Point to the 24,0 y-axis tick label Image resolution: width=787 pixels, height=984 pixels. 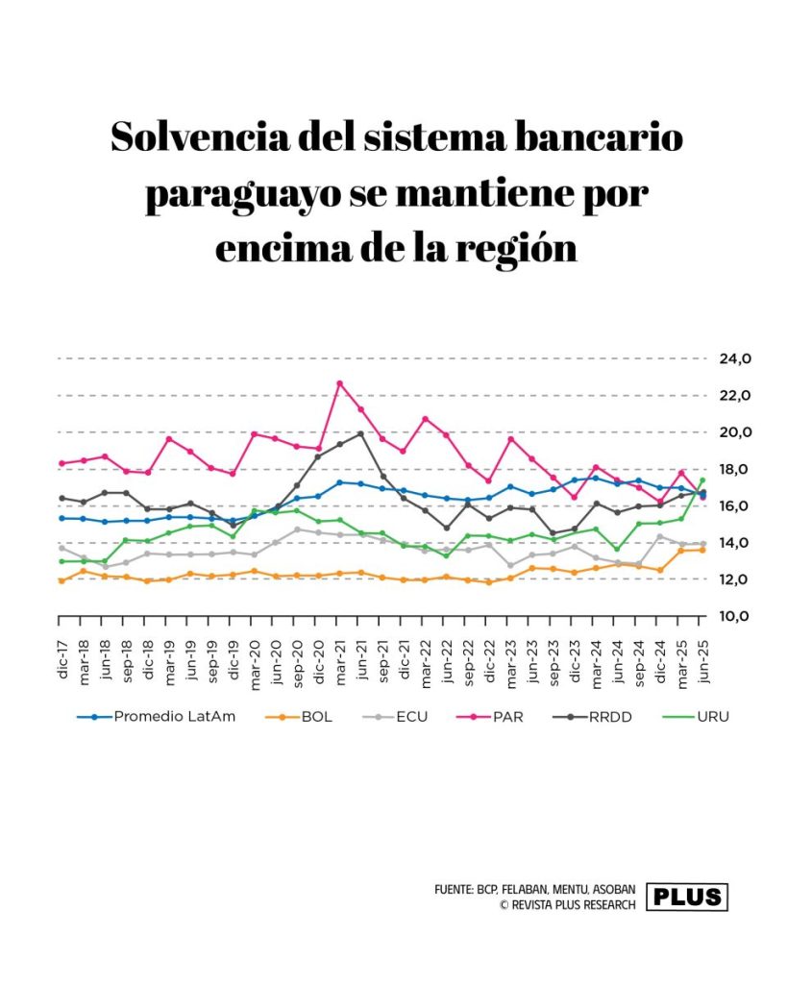coord(735,359)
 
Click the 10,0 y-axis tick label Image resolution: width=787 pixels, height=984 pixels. coord(735,616)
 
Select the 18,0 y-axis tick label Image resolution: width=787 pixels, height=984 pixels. coord(735,469)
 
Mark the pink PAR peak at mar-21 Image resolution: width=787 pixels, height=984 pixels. coord(339,383)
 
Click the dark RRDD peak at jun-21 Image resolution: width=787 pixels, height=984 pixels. coord(360,433)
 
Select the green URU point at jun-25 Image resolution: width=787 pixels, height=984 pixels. coord(702,480)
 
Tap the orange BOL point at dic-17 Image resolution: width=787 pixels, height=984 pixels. coord(61,580)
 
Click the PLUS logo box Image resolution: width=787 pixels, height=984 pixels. coord(687,897)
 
